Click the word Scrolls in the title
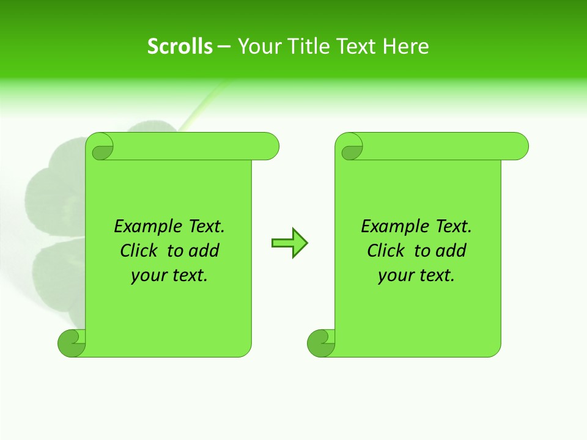point(180,46)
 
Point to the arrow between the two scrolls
point(289,243)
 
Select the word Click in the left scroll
point(139,251)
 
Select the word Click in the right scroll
point(386,251)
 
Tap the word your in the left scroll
point(148,276)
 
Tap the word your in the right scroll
point(395,276)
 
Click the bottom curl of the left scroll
point(71,343)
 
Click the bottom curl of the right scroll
point(320,343)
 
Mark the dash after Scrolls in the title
point(224,46)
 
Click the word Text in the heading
point(357,46)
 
